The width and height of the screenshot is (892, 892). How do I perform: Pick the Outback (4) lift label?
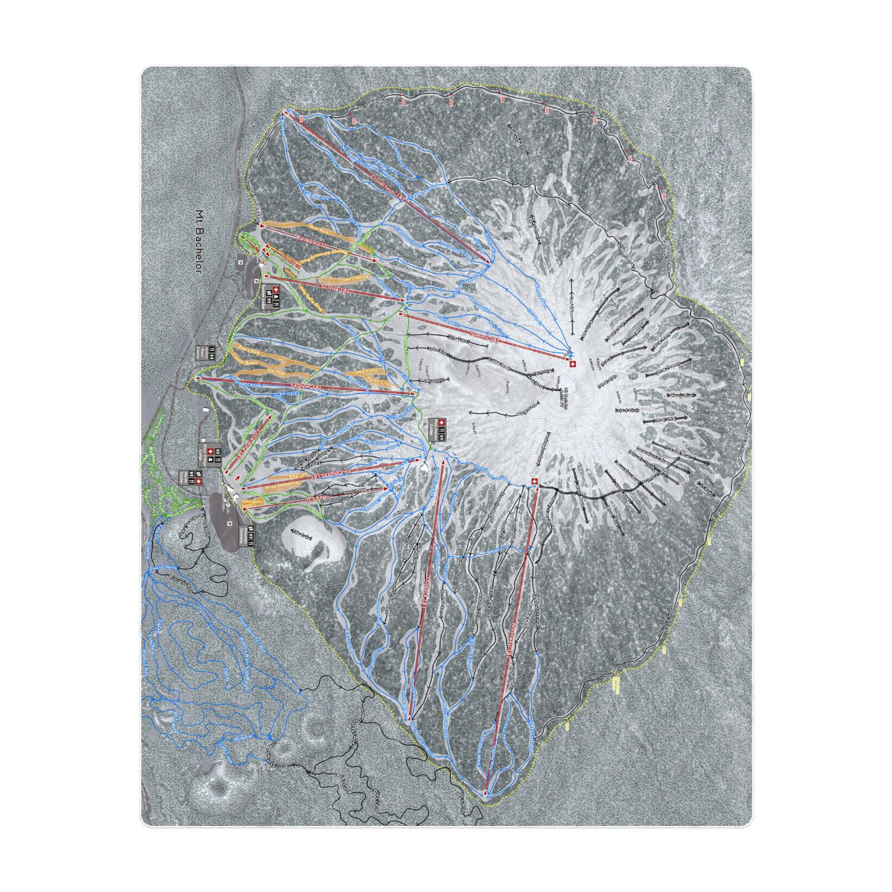[x=426, y=587]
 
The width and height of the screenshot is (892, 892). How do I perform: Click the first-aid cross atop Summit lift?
[x=572, y=363]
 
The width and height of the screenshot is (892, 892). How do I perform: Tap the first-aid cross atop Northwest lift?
[x=535, y=483]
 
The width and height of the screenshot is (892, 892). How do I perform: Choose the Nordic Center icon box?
[x=248, y=533]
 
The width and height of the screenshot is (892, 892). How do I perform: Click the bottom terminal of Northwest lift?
[x=486, y=795]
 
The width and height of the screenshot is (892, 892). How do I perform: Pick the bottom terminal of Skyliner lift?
[x=198, y=378]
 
